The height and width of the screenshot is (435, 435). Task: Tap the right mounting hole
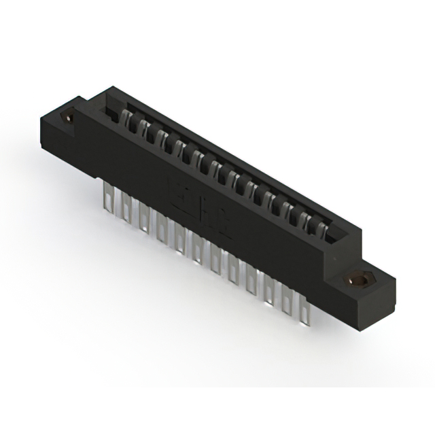355,280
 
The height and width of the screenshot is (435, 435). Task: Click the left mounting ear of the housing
65,129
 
